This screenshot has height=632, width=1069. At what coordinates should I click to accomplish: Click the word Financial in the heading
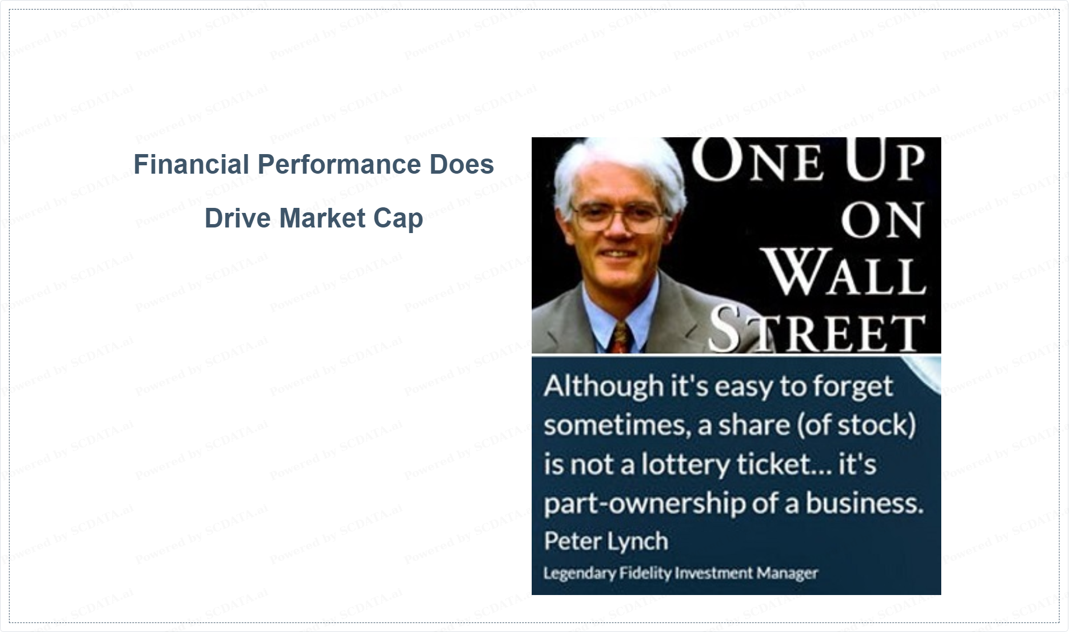(191, 164)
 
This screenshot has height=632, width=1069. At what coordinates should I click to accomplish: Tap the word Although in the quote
(603, 387)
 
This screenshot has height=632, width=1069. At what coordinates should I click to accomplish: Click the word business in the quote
(865, 503)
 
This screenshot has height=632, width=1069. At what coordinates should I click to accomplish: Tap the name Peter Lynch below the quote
(606, 542)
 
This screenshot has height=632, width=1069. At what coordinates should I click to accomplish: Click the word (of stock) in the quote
(855, 425)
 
